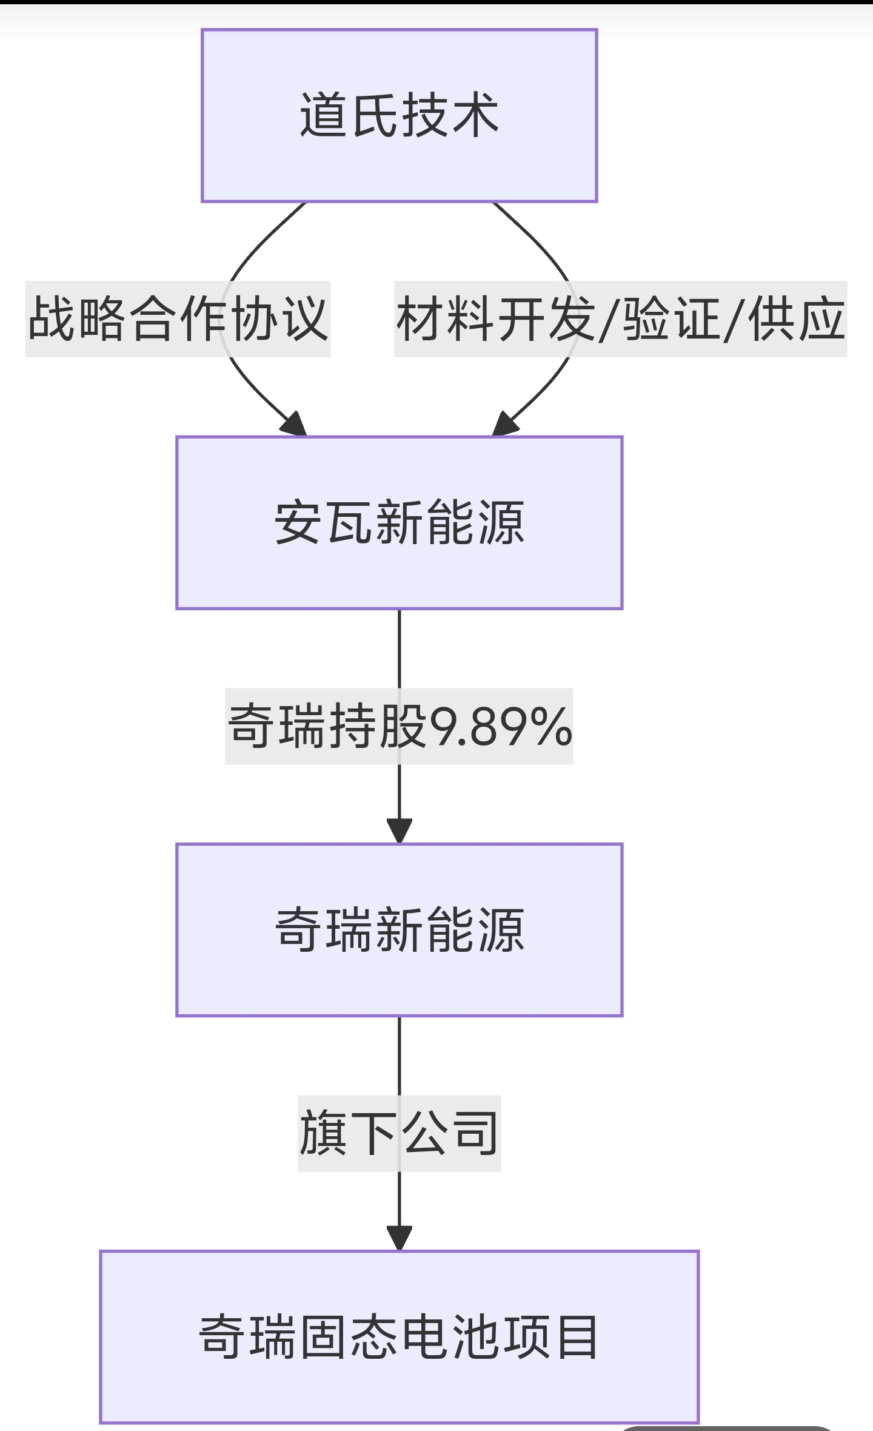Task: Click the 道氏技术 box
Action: click(x=399, y=115)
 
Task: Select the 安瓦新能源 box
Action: click(x=399, y=522)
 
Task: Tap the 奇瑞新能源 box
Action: click(x=399, y=929)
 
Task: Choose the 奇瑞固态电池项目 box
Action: click(x=399, y=1337)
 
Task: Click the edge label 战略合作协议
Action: click(x=178, y=319)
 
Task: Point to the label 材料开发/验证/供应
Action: click(x=620, y=319)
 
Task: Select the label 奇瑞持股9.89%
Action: click(x=399, y=726)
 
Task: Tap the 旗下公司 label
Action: click(x=399, y=1133)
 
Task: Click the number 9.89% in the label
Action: click(x=501, y=727)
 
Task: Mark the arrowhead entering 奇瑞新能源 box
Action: click(x=399, y=831)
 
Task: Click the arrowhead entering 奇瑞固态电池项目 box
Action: click(x=399, y=1238)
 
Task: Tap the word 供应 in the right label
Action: click(x=796, y=319)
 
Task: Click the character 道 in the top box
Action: click(x=324, y=115)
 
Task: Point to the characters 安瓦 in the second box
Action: click(x=324, y=522)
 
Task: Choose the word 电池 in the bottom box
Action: click(x=449, y=1337)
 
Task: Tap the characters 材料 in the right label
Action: click(x=446, y=319)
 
